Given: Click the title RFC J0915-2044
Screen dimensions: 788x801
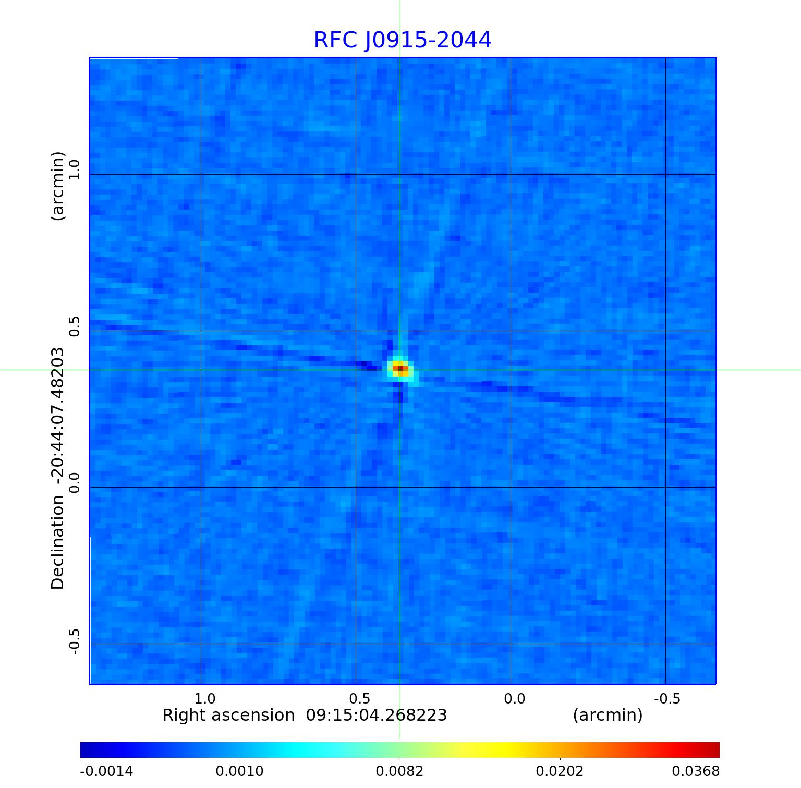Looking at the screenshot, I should coord(402,40).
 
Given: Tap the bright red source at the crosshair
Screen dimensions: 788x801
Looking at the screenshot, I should coord(400,369).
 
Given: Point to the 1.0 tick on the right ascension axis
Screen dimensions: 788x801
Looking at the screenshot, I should coord(204,698).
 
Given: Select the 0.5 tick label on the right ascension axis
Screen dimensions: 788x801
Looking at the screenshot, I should coord(359,698).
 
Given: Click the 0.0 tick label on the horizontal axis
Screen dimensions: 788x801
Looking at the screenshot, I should coord(514,698).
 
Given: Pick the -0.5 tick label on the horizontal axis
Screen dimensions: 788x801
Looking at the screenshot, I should coord(667,698).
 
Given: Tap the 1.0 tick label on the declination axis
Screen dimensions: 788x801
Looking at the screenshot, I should coord(74,170).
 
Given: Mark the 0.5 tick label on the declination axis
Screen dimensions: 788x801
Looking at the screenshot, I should coord(74,326).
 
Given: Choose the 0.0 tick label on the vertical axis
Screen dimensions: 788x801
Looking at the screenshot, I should coord(74,483).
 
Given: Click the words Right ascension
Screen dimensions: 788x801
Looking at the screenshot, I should coord(228,715).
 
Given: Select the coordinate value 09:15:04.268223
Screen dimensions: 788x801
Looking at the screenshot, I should coord(376,715).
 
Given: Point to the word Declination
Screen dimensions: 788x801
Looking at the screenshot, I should coord(57,543).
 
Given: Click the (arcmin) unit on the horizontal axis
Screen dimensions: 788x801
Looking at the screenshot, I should coord(608,715).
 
